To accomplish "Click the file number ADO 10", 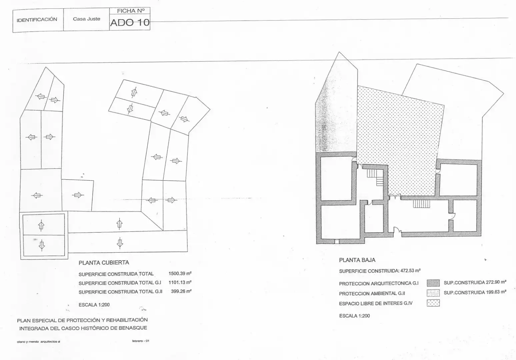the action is click(x=130, y=23).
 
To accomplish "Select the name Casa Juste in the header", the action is click(x=87, y=19).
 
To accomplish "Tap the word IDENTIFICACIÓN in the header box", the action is click(x=37, y=20).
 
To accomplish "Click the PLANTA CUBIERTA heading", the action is click(x=104, y=263).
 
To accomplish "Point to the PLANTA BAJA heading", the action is click(x=357, y=260).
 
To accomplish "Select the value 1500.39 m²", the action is click(x=180, y=273).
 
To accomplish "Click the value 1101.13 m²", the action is click(x=180, y=282).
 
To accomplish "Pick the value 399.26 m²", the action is click(x=181, y=291).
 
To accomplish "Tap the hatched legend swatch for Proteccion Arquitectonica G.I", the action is click(x=433, y=283).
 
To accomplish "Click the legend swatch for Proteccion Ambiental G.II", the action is click(x=433, y=293).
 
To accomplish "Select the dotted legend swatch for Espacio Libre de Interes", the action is click(x=433, y=303).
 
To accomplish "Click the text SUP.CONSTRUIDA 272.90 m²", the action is click(x=475, y=282).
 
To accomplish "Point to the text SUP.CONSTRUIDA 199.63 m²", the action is click(x=475, y=292).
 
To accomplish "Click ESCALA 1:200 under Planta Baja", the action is click(x=354, y=316).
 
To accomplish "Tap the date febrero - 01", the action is click(x=141, y=341).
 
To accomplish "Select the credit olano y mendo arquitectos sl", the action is click(x=38, y=342).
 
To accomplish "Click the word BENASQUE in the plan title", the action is click(x=133, y=328).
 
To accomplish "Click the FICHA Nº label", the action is click(x=131, y=11).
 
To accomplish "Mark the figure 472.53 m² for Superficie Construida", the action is click(x=410, y=271).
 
